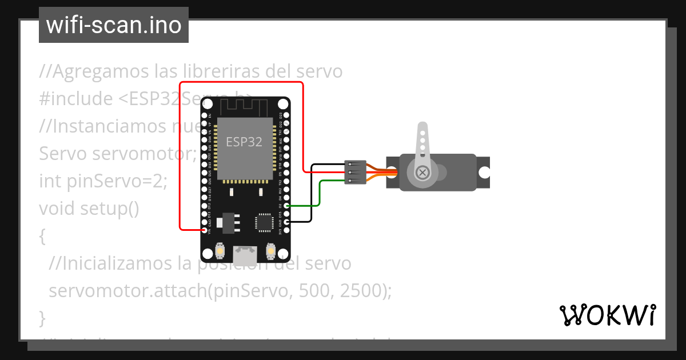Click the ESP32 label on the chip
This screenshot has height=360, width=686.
(x=244, y=142)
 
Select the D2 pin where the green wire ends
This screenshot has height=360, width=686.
(x=286, y=206)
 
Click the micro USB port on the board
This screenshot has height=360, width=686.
(x=245, y=253)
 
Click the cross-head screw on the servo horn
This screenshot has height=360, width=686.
(x=422, y=172)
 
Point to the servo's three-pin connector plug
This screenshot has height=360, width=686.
(x=355, y=172)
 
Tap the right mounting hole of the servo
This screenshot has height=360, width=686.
(x=484, y=172)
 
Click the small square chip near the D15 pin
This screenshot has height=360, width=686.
(x=264, y=222)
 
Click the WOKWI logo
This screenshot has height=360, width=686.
(x=607, y=315)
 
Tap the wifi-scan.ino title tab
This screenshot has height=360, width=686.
(x=114, y=25)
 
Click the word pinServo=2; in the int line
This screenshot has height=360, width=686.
(x=118, y=181)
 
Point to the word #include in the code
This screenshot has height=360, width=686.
(x=76, y=99)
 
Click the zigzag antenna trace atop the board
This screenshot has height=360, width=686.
(x=244, y=106)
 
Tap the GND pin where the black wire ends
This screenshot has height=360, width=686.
(x=286, y=222)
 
